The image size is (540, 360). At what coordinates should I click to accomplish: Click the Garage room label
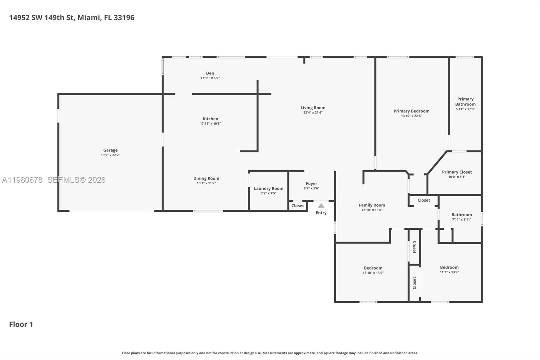point(110,150)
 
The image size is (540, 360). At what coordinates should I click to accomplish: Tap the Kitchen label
point(210,119)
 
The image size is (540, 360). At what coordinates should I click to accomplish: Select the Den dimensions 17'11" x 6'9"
point(210,78)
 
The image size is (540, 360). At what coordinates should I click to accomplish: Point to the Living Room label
point(313,108)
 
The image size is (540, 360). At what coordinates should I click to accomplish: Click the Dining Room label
point(206,178)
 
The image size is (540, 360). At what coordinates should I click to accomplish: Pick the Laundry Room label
point(268,188)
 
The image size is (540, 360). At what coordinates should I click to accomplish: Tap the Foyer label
point(311,184)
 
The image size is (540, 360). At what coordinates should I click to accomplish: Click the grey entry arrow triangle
point(321,206)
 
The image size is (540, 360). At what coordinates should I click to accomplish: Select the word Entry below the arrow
point(321,213)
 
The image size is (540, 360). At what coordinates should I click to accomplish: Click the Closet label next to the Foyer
point(297,206)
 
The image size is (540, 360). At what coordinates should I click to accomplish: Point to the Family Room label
point(372,205)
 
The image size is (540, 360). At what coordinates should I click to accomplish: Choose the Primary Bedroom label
point(411,111)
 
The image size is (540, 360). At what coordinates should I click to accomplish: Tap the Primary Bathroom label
point(465,102)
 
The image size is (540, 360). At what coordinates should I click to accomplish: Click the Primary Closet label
point(457,172)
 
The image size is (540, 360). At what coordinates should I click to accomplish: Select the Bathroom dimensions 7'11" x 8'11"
point(461,220)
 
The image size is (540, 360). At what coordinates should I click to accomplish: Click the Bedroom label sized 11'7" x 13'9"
point(449,267)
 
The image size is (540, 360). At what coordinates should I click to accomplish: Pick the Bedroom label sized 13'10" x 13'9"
point(373,268)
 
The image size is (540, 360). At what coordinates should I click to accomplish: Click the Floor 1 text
point(21,324)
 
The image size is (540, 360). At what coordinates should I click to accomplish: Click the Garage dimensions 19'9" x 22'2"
point(110,155)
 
